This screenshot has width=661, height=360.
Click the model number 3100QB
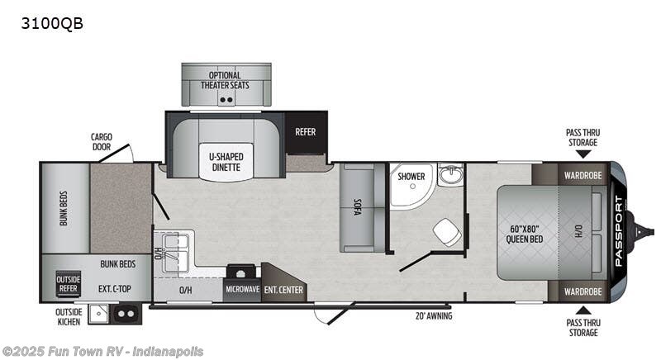[52, 23]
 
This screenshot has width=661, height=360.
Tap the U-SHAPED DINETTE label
[226, 162]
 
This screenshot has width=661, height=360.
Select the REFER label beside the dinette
[305, 131]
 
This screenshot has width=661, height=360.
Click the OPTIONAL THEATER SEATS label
[226, 80]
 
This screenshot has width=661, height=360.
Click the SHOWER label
[411, 177]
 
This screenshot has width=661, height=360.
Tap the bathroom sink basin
[450, 176]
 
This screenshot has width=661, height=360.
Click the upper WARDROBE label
[583, 175]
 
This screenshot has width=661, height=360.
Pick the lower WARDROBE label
[583, 291]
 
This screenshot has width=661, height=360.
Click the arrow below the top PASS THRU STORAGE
[583, 153]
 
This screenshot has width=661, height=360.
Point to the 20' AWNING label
[434, 315]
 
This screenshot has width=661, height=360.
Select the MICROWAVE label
[241, 290]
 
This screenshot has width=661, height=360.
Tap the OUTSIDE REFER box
[69, 283]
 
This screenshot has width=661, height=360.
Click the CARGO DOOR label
[102, 142]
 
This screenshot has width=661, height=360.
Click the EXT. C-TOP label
[113, 289]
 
